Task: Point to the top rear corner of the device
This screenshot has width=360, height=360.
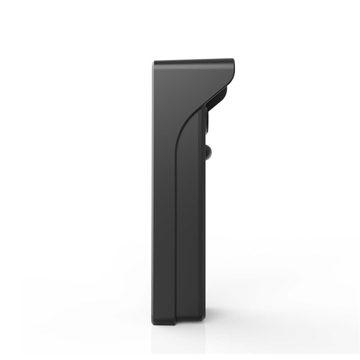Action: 154,62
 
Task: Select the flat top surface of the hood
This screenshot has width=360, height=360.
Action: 192,60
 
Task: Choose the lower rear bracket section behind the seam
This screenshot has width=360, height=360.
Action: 164,252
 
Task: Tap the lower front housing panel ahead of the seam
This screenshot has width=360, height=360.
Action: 191,252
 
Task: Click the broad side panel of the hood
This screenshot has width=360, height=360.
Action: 180,84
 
